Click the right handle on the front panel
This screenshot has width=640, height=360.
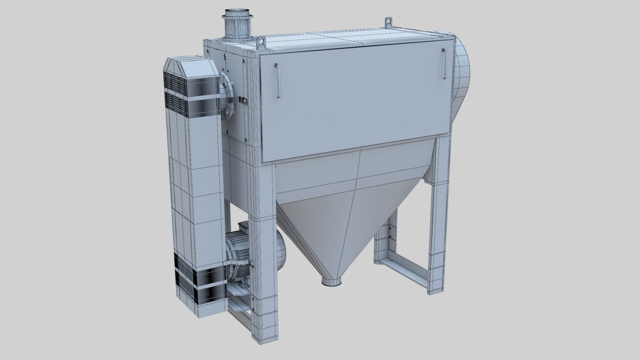point(445,64)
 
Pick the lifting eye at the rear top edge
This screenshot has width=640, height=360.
point(388,22)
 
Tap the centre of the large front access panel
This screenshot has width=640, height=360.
point(357,100)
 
